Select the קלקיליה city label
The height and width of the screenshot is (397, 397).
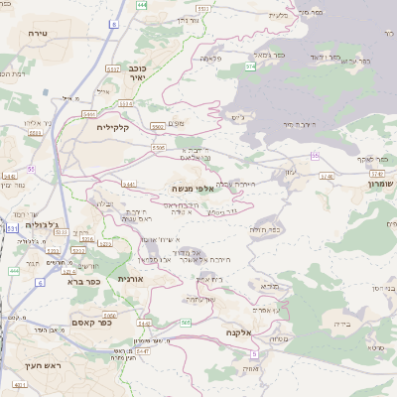coord(113,128)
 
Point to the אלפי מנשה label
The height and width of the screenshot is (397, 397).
coord(188,189)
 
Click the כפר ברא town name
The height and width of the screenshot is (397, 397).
coord(82,282)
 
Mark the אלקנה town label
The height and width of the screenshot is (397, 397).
coord(241,332)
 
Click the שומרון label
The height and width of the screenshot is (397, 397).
coord(380,184)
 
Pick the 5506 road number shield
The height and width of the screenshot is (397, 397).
coord(159,148)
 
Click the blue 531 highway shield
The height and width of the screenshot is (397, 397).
coord(12,228)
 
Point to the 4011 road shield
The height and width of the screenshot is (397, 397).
coord(20,383)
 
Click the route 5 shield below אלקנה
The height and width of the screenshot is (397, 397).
coord(255,352)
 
